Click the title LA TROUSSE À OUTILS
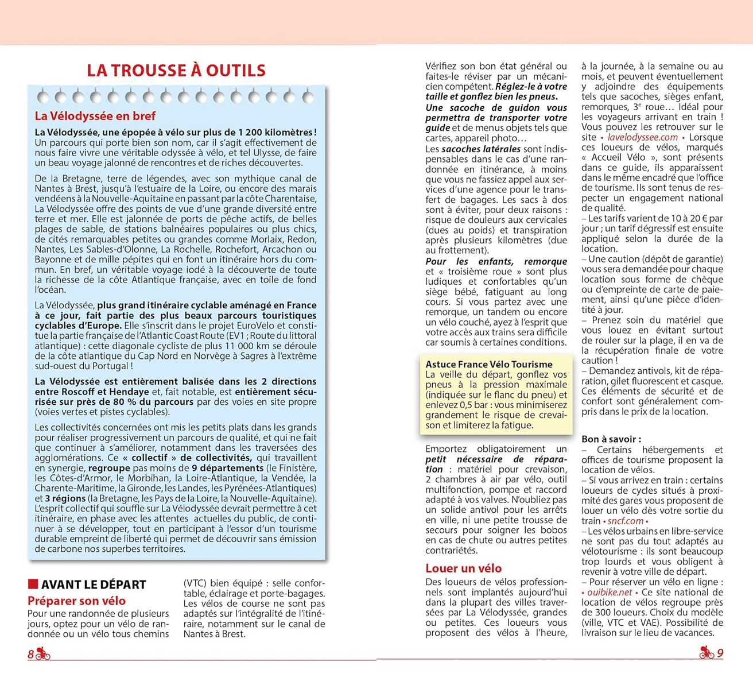176,71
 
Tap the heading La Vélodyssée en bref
95,116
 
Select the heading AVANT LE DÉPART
94,585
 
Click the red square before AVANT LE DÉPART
33,584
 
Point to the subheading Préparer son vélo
76,601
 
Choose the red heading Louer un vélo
463,568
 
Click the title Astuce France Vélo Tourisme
489,364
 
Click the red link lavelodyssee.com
642,137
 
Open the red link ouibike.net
610,592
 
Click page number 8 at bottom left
31,654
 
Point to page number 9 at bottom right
720,653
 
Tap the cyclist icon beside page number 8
43,653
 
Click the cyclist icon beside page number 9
707,652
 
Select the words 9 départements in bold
227,468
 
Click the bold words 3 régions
65,498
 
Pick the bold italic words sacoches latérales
481,149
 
